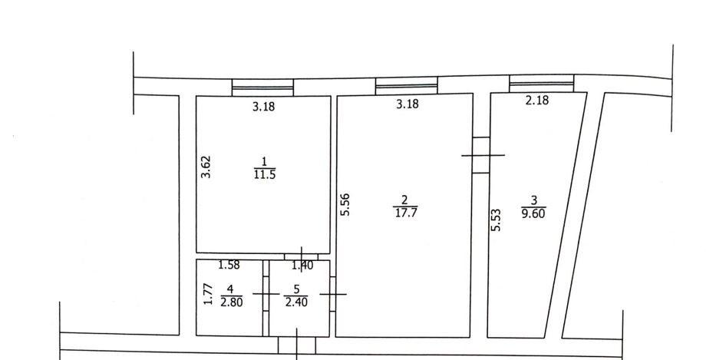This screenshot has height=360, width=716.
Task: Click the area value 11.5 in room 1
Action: pos(265,175)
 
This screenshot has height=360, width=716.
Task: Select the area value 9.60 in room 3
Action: pos(533,213)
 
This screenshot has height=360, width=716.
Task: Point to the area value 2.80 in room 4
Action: pos(231,302)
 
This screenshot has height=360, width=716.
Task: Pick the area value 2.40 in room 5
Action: pos(296,302)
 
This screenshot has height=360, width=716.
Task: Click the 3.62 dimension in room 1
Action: pos(206,167)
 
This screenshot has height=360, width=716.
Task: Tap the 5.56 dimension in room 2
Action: pos(345,204)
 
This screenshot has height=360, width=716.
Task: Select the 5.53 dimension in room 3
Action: pos(497,220)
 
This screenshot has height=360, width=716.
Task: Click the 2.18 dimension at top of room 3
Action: pos(537,100)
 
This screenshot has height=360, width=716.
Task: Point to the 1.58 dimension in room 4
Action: pos(229,265)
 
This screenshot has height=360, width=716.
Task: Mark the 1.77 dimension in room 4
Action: pos(208,295)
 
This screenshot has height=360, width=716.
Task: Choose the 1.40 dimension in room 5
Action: pos(302,265)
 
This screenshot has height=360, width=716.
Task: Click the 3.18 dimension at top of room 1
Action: pos(264,107)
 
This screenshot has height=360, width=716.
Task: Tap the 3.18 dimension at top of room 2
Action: pos(407,104)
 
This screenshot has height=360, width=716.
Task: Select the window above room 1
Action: pos(262,88)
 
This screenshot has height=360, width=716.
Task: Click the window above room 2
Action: pos(407,85)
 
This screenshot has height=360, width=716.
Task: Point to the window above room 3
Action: pos(542,84)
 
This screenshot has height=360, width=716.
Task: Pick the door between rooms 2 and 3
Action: pos(481,155)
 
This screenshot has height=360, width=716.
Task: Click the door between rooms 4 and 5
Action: pos(266,294)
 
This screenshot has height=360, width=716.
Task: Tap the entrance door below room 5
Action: pos(297,345)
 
